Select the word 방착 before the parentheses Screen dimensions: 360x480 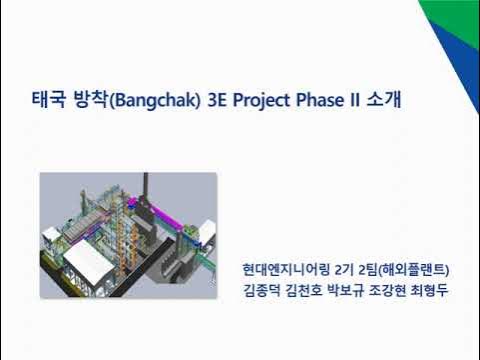86,101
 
